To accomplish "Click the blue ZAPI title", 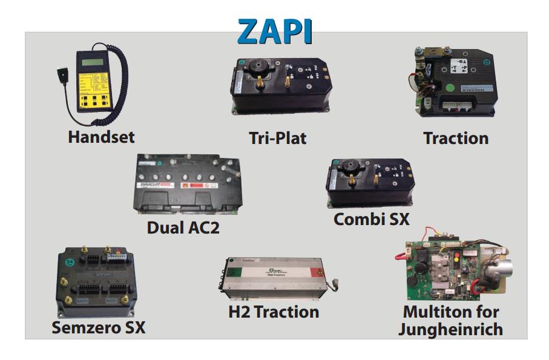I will (275, 31).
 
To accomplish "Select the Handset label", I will (101, 137).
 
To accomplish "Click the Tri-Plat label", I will (277, 138).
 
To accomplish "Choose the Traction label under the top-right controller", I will (456, 138).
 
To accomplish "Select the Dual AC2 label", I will (182, 229).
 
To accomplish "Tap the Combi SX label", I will (371, 219).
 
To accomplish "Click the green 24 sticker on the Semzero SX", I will (70, 262).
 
